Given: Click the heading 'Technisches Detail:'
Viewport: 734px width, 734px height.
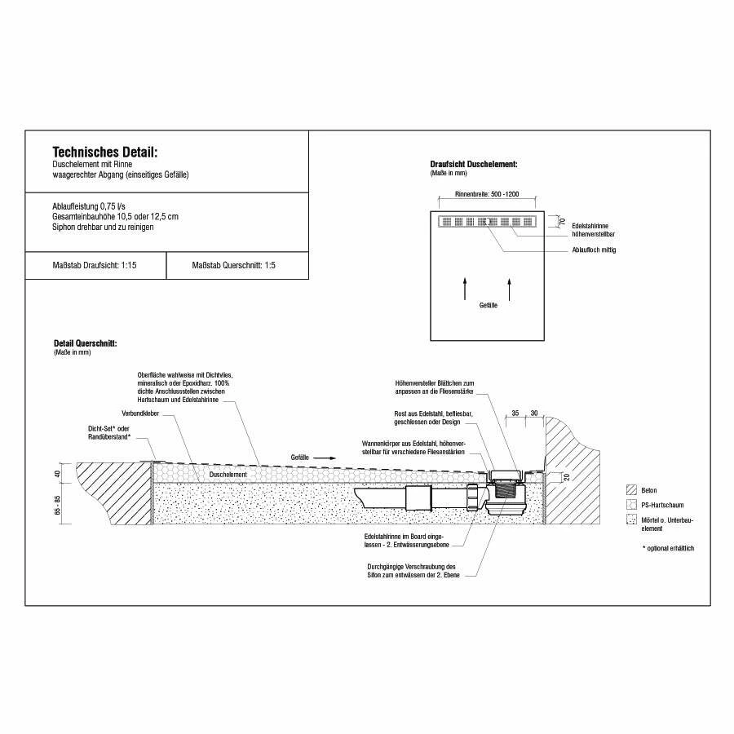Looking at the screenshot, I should [x=104, y=152].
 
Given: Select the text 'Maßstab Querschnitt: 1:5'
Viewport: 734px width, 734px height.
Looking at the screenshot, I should [x=233, y=266].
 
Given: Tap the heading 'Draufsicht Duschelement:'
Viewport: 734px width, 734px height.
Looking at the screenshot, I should [x=473, y=165].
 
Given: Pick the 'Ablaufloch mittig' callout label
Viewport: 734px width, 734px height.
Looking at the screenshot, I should [x=595, y=250].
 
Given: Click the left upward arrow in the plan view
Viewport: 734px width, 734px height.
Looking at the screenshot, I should [x=465, y=289].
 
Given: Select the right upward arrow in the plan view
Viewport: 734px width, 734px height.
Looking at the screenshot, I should [x=510, y=289].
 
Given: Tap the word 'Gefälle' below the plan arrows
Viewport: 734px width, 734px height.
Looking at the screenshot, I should [x=488, y=305].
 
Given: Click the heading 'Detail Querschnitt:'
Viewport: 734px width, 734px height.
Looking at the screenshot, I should [x=85, y=343].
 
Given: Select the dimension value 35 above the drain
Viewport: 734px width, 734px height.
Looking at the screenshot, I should [x=515, y=413].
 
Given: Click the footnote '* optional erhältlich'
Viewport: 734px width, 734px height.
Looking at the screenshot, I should [x=668, y=547].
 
